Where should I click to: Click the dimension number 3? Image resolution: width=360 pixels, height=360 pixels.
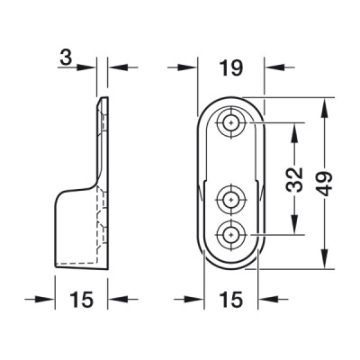66,58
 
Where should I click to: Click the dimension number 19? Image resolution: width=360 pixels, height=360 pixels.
230,67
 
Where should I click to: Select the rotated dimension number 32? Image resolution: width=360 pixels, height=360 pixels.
293,180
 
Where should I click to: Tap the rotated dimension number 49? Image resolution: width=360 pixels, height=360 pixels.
324,184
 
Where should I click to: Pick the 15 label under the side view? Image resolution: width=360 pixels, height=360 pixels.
82,300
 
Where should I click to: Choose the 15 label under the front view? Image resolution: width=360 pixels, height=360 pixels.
230,300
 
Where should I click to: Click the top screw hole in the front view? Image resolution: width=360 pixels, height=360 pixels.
230,122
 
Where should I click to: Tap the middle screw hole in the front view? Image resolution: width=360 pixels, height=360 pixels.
230,199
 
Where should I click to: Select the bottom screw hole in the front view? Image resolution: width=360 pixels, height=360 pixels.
230,234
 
